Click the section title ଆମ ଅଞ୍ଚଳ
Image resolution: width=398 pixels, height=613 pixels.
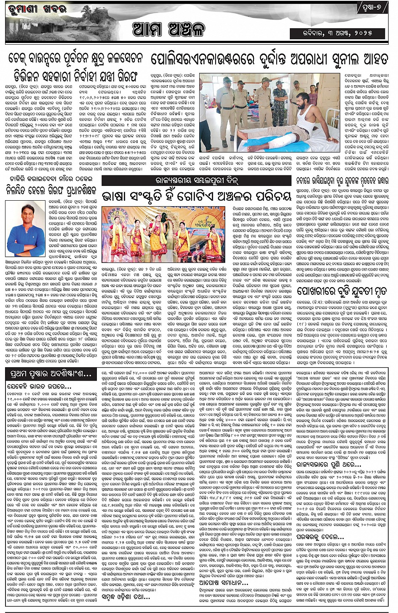click(168, 30)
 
